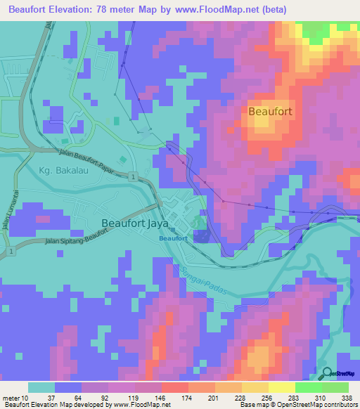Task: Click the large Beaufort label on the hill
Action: [270, 111]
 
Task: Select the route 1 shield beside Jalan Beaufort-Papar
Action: [131, 176]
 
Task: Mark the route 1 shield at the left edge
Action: [11, 250]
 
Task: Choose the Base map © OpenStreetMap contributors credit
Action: [297, 405]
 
